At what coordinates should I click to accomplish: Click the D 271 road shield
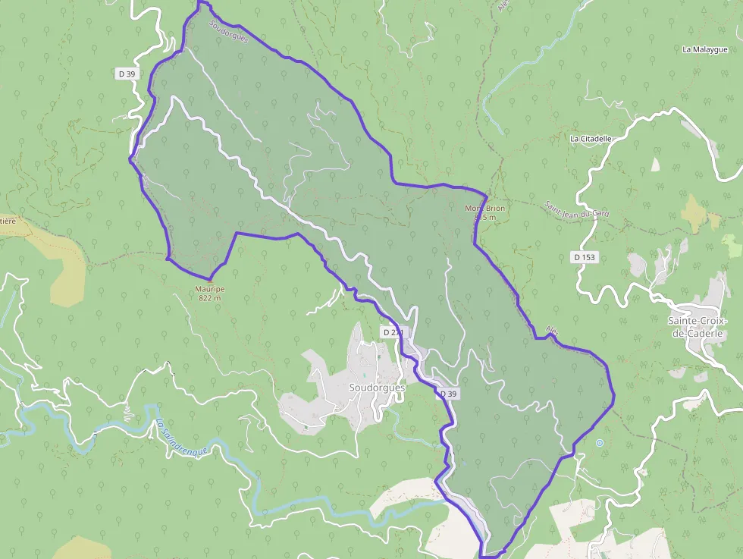tap(393, 332)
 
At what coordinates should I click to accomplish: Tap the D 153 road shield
tap(585, 257)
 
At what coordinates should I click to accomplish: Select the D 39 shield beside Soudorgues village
tap(448, 394)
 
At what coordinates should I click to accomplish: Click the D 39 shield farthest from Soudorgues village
tap(127, 74)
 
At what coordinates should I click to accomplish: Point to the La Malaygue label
tap(705, 50)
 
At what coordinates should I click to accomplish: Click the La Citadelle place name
tap(591, 139)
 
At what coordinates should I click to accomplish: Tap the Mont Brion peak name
tap(484, 208)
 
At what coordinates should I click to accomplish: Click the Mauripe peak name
tap(209, 289)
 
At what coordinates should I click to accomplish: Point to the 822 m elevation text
tap(209, 298)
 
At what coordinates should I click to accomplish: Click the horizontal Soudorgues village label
tap(377, 388)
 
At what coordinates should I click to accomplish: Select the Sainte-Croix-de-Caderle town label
tap(698, 327)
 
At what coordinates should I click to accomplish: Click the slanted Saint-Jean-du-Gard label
tap(577, 209)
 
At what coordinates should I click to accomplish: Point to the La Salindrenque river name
tap(181, 438)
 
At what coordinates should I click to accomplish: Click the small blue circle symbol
tap(600, 442)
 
